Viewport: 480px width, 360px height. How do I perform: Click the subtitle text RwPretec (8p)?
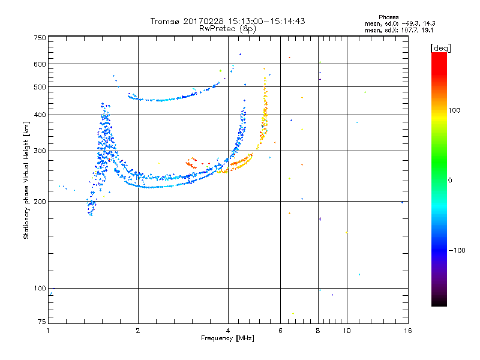(227, 29)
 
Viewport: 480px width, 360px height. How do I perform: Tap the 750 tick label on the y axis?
(40, 38)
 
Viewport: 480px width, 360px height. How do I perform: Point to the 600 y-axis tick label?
(40, 64)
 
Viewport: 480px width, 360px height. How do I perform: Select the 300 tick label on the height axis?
(40, 151)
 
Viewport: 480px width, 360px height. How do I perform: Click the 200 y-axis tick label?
(40, 202)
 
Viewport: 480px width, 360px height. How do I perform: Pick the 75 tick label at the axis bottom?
(42, 322)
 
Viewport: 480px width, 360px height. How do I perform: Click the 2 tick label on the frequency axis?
(138, 331)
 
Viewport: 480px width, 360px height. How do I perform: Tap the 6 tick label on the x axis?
(280, 331)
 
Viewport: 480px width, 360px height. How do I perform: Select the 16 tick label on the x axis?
(408, 331)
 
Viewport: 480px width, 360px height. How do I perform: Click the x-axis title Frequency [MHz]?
(227, 338)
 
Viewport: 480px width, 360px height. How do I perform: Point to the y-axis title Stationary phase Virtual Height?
(26, 181)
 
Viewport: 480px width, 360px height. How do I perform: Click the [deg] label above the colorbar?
(440, 48)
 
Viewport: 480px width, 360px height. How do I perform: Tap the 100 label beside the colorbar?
(454, 110)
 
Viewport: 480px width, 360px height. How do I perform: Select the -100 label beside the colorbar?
(457, 250)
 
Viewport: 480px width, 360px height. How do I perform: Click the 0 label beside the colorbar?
(450, 181)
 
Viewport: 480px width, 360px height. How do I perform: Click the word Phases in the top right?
(389, 17)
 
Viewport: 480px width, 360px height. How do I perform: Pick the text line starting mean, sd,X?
(399, 31)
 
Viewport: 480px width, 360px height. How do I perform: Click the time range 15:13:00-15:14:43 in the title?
(266, 21)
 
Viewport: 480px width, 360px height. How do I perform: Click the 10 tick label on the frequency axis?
(347, 331)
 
